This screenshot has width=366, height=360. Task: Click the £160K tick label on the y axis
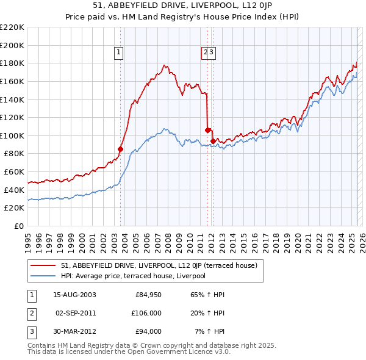(12, 81)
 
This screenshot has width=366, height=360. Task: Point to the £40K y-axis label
(14, 190)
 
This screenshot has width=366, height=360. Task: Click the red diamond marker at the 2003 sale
(120, 148)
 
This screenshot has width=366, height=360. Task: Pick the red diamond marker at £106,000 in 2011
(207, 129)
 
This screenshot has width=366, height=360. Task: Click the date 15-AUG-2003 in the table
(74, 295)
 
